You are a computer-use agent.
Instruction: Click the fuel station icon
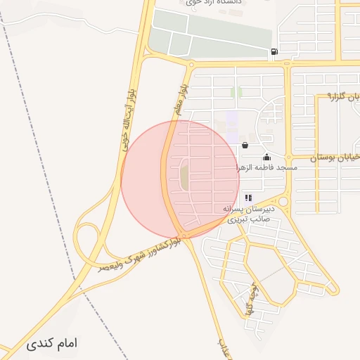(273, 51)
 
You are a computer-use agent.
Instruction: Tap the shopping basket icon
(245, 146)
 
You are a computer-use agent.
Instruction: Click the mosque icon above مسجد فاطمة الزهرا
(266, 157)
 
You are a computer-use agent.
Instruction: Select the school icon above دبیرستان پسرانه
(248, 199)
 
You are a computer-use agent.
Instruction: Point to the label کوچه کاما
(255, 300)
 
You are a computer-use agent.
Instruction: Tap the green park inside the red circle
(184, 174)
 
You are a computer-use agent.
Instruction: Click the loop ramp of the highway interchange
(86, 239)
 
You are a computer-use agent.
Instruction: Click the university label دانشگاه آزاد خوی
(215, 3)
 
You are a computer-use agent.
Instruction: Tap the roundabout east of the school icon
(283, 201)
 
